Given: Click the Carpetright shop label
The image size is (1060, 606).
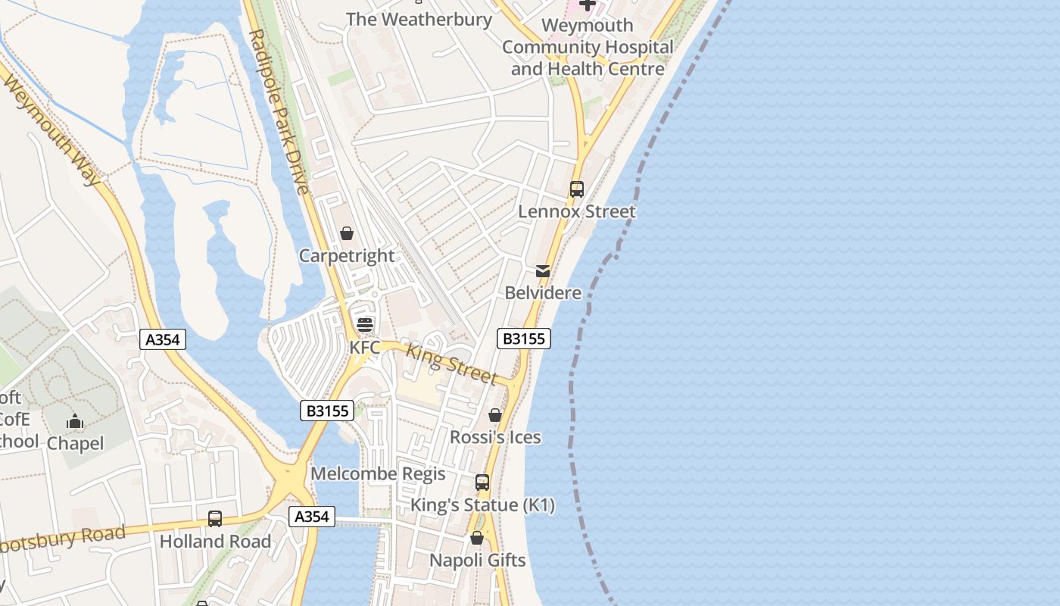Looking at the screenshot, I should click(347, 256).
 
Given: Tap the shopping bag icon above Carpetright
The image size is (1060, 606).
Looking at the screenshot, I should click(347, 233).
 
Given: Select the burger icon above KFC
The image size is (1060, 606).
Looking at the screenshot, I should click(365, 325).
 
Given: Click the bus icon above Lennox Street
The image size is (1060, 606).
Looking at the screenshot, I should click(577, 189).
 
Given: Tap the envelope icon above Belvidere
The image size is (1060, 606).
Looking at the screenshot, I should click(543, 271).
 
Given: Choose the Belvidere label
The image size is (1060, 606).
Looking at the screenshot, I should click(543, 293).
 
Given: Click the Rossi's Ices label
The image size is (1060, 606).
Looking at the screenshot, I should click(495, 437).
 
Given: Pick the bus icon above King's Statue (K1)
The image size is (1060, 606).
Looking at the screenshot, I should click(482, 483).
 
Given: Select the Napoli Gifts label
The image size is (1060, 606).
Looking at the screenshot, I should click(477, 561).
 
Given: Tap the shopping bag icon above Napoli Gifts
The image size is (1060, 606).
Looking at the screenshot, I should click(477, 539).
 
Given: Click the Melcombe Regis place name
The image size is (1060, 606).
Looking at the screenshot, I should click(378, 474).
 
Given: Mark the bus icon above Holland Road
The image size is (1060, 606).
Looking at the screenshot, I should click(215, 519).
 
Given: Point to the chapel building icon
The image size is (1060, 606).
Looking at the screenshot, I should click(75, 421).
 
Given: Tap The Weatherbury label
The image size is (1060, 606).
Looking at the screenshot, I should click(419, 20).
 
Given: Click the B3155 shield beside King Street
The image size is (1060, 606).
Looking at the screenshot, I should click(523, 339).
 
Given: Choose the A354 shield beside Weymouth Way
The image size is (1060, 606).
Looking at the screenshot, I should click(163, 340).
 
